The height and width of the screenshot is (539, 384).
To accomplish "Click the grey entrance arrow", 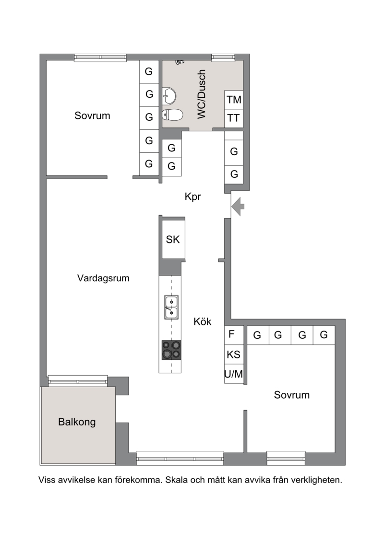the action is tap(238, 207).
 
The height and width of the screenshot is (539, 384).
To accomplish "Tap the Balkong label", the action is tap(77, 422).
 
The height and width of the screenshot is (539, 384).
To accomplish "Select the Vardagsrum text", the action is tap(103, 278).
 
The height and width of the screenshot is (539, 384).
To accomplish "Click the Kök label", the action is tap(203, 322).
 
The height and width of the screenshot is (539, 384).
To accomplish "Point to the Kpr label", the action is tap(193, 196).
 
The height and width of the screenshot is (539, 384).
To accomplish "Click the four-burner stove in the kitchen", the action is tap(171, 350).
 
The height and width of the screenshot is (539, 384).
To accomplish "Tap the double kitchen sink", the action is tap(171, 307).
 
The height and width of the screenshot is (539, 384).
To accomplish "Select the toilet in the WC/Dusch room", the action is tap(172, 115).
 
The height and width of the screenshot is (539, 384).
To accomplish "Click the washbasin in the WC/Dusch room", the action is tap(169, 95).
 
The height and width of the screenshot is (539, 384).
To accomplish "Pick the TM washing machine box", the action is tap(234, 100).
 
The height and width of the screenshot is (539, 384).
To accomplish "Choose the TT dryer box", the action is tap(234, 118).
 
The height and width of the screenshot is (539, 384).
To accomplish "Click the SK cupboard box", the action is tap(173, 239).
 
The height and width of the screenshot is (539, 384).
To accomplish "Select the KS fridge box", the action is tap(234, 355).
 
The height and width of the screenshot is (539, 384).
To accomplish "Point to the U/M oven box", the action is tap(234, 374).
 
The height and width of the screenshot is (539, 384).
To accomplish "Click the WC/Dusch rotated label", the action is tap(202, 94).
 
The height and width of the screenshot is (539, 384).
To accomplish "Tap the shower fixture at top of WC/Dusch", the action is tap(180, 62).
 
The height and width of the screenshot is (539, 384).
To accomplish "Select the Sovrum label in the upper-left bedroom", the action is tap(92, 115).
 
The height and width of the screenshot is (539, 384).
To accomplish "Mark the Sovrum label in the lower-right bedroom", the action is tap(292, 395).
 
